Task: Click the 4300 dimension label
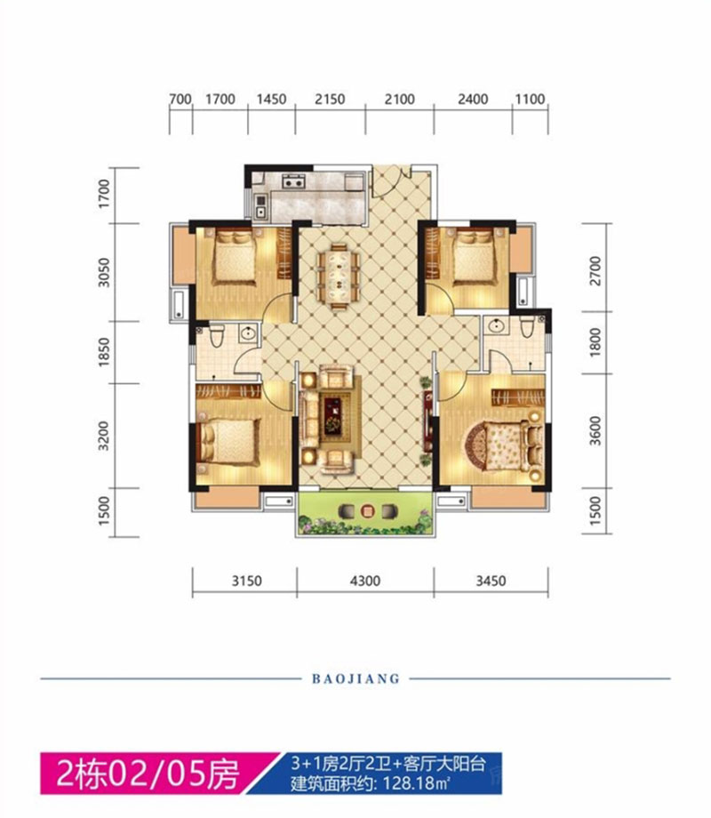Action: (365, 581)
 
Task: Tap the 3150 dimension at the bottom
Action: (247, 581)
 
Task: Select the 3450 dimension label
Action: (491, 581)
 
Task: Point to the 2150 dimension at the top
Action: (330, 99)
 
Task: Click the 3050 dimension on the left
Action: (104, 272)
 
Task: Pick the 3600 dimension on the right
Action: (595, 430)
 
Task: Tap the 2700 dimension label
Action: (595, 271)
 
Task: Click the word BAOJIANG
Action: (355, 678)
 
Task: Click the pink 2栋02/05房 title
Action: (148, 774)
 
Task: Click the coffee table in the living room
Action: (332, 415)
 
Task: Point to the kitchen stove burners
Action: (293, 182)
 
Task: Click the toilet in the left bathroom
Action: (217, 334)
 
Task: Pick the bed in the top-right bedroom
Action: (473, 258)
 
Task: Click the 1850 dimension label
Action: (104, 351)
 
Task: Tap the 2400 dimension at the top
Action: (473, 99)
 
